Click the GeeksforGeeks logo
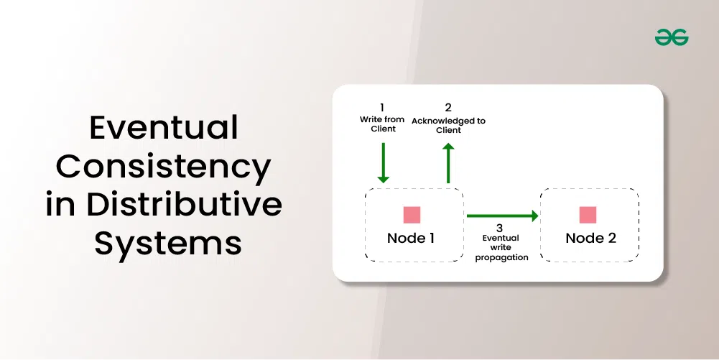(x=672, y=37)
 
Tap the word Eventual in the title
(x=164, y=129)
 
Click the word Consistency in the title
(x=164, y=167)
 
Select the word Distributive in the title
(x=185, y=205)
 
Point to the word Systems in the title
(x=168, y=243)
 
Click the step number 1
(x=382, y=108)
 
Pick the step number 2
(x=448, y=108)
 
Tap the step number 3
(x=500, y=227)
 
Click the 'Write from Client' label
(x=382, y=124)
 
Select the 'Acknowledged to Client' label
(x=448, y=125)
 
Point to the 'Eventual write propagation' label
(x=501, y=247)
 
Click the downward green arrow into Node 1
(x=383, y=162)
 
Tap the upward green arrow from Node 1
(x=448, y=162)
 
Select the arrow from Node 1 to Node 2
(x=502, y=215)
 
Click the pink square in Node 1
(x=412, y=214)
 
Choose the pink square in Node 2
(x=588, y=214)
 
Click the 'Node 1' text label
(x=411, y=238)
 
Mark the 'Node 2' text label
(x=590, y=238)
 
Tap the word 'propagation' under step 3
(x=501, y=257)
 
